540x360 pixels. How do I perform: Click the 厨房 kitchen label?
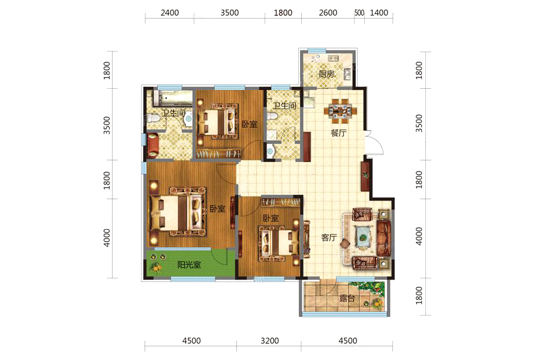coord(326,74)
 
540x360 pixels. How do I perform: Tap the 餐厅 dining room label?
coord(338,133)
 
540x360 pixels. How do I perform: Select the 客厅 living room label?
coord(329,238)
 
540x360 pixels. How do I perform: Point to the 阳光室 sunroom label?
coord(189,265)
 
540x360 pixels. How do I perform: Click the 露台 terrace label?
coord(347,298)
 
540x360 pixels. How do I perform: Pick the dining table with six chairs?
coord(340,111)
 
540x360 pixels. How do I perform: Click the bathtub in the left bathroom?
coord(173,98)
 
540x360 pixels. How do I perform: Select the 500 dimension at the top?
coord(359,13)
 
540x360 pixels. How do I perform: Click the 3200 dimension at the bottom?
coord(269,341)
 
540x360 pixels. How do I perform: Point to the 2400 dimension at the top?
coord(170,13)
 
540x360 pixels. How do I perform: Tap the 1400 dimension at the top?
coord(379,13)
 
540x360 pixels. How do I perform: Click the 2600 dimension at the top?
coord(328,13)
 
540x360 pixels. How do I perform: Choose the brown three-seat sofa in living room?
coord(385,238)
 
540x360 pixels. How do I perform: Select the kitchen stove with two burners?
coord(333,58)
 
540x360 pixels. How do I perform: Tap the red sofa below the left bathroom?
coord(152,145)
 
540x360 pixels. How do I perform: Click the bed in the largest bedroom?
coord(178,212)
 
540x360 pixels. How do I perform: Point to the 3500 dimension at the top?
coord(229,13)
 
